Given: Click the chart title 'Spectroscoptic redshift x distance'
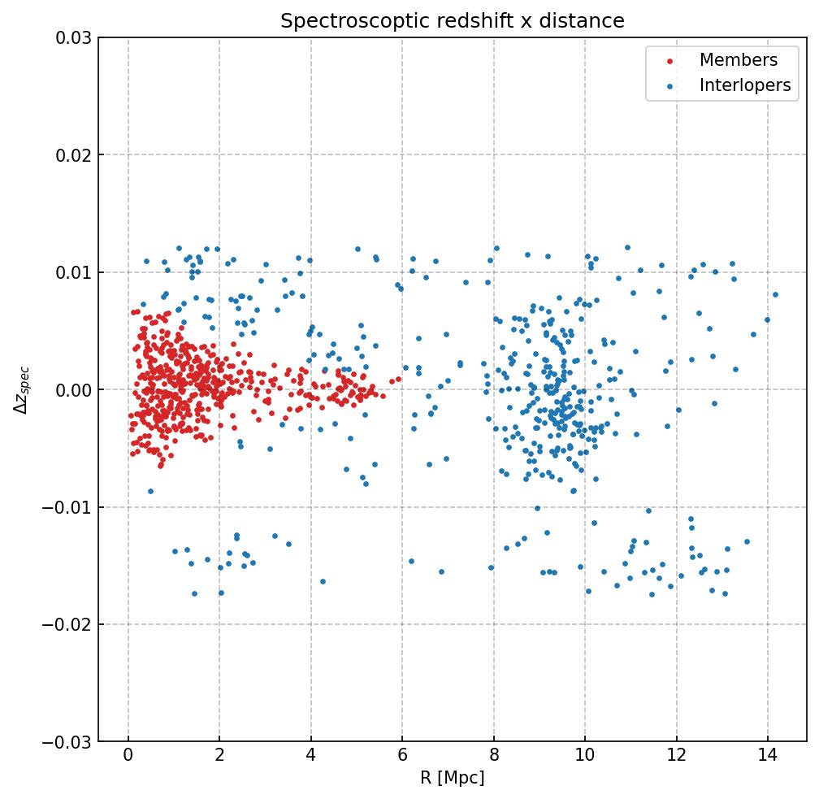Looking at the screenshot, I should pyautogui.click(x=453, y=21).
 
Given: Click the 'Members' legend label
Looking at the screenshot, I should pyautogui.click(x=738, y=60).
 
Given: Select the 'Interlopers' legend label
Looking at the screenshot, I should pyautogui.click(x=744, y=85).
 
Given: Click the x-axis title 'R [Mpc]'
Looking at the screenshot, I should pyautogui.click(x=453, y=778).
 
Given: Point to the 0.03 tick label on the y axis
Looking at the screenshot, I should pyautogui.click(x=71, y=37).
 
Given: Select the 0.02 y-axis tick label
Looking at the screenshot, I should pyautogui.click(x=71, y=155).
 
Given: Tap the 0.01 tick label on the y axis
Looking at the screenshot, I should pyautogui.click(x=71, y=272).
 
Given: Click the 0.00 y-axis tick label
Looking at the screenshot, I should pyautogui.click(x=71, y=390).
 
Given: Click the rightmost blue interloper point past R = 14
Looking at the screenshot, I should pyautogui.click(x=775, y=294).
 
